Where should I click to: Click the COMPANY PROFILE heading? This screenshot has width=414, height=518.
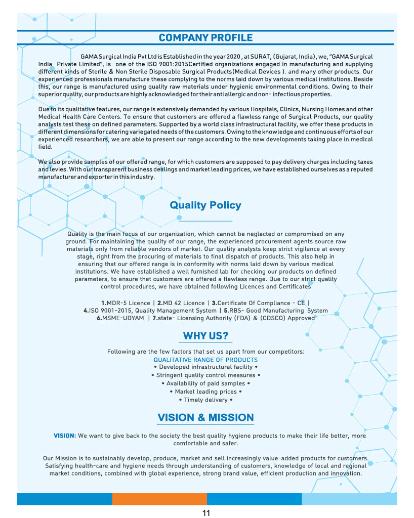205,38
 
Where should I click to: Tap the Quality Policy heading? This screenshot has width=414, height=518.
205,205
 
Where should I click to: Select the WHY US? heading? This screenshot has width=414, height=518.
205,336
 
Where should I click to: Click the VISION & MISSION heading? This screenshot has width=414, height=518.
205,417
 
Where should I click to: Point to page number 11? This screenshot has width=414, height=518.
206,513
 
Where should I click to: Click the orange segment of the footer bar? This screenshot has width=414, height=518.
159,499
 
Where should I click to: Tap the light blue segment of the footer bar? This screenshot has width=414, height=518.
349,499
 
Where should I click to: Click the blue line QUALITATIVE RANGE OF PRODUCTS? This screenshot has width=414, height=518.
205,360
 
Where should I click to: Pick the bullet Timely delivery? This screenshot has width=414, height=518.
205,400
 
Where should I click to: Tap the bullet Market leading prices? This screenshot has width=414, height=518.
205,392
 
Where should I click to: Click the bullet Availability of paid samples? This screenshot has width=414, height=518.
205,383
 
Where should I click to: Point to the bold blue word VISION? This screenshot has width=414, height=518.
65,436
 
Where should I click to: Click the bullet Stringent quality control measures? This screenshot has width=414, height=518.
205,375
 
